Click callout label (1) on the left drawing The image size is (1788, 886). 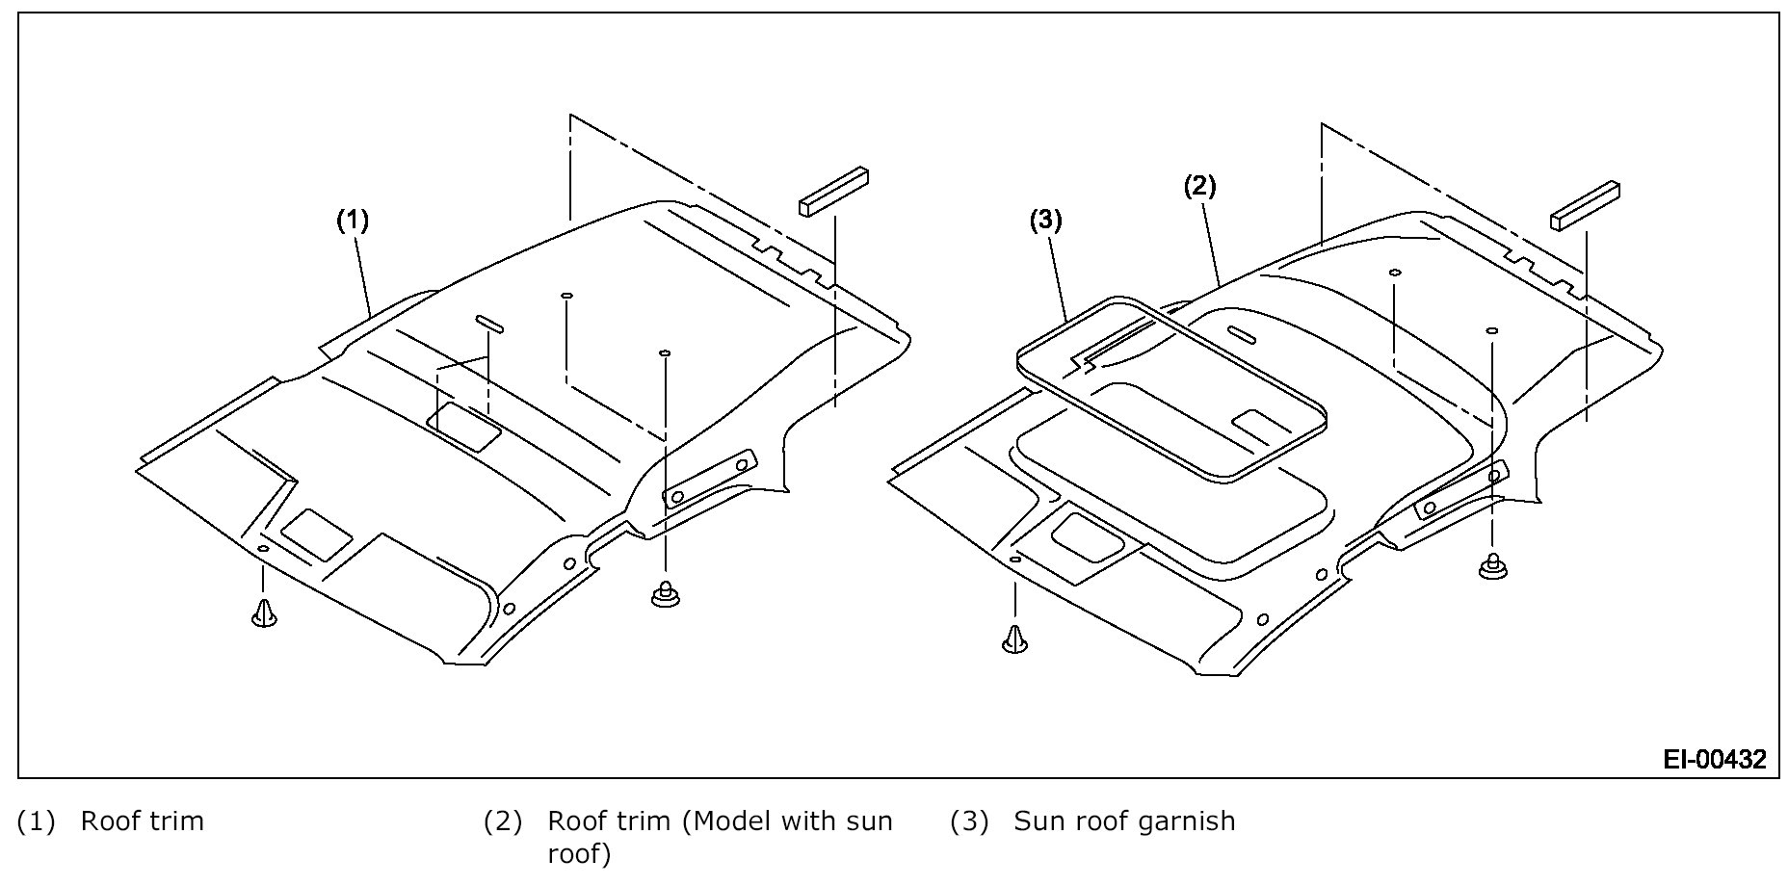352,221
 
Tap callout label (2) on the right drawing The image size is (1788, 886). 1199,186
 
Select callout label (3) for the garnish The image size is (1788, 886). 1045,221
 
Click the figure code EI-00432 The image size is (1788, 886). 1715,760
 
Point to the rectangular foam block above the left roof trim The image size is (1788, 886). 833,192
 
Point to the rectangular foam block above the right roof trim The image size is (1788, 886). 1585,206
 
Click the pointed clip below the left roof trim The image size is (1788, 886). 263,612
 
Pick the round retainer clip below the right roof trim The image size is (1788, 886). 1493,568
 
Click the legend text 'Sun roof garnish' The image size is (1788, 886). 1124,821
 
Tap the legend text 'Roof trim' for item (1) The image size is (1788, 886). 143,821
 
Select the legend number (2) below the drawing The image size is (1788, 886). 502,821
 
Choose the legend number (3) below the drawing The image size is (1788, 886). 969,821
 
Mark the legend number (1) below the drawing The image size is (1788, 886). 37,821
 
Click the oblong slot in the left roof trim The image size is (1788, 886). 487,324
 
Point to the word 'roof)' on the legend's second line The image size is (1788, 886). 579,854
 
